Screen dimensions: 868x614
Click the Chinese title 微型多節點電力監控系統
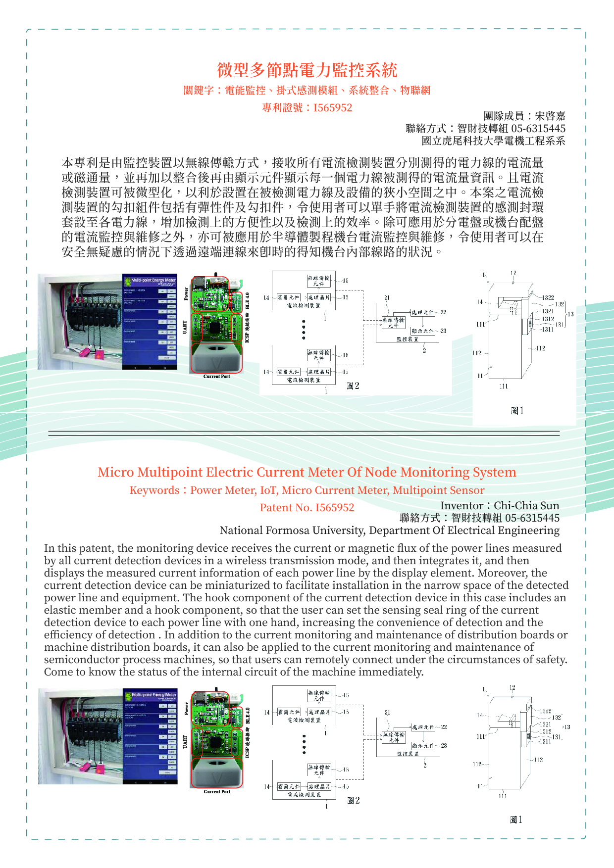[x=307, y=70]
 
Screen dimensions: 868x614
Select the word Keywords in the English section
[x=154, y=490]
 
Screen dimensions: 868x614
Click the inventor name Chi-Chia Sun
[x=526, y=505]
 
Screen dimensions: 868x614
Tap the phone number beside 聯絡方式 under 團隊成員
[x=538, y=129]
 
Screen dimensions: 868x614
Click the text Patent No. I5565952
[x=307, y=508]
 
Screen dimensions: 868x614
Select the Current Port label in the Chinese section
[x=217, y=377]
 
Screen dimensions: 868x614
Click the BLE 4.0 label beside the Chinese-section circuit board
[x=248, y=300]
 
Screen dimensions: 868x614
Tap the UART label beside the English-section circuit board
[x=185, y=741]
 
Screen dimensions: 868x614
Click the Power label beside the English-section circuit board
[x=186, y=708]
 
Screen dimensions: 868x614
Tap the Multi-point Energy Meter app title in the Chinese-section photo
[x=153, y=280]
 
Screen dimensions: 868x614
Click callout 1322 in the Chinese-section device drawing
[x=548, y=297]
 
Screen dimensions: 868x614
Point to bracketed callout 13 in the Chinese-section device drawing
[x=570, y=314]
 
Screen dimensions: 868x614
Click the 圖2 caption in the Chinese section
[x=353, y=386]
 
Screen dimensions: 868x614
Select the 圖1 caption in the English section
[x=516, y=820]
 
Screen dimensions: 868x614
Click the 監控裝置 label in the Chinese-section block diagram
[x=407, y=339]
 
